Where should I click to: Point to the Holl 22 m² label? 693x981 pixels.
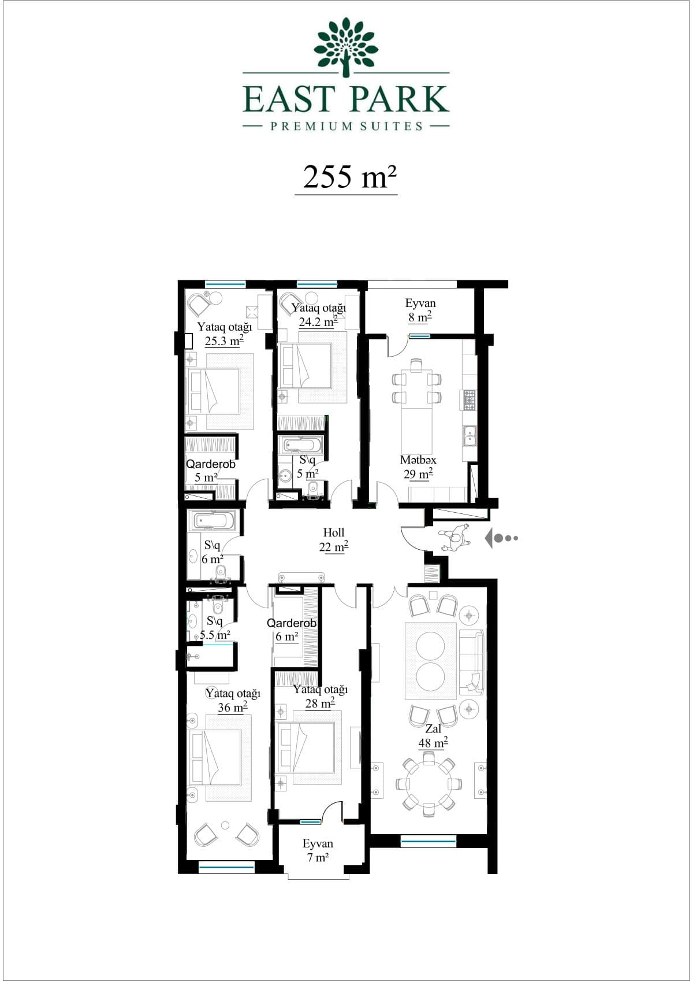(334, 540)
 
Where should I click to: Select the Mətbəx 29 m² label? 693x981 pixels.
(418, 467)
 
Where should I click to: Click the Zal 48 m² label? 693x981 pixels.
(433, 736)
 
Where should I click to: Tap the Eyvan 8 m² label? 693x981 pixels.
(420, 310)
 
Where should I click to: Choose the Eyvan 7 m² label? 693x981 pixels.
(318, 850)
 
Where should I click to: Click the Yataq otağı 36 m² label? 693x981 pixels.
(233, 700)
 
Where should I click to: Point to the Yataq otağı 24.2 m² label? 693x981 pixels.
(319, 315)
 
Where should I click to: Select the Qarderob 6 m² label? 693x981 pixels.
(291, 630)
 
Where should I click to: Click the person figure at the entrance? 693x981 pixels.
(456, 538)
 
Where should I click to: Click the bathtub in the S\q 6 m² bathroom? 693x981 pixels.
(211, 520)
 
